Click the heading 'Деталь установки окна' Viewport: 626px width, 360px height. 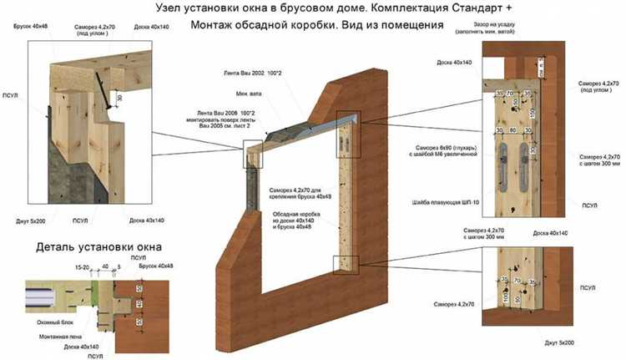coord(98,247)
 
